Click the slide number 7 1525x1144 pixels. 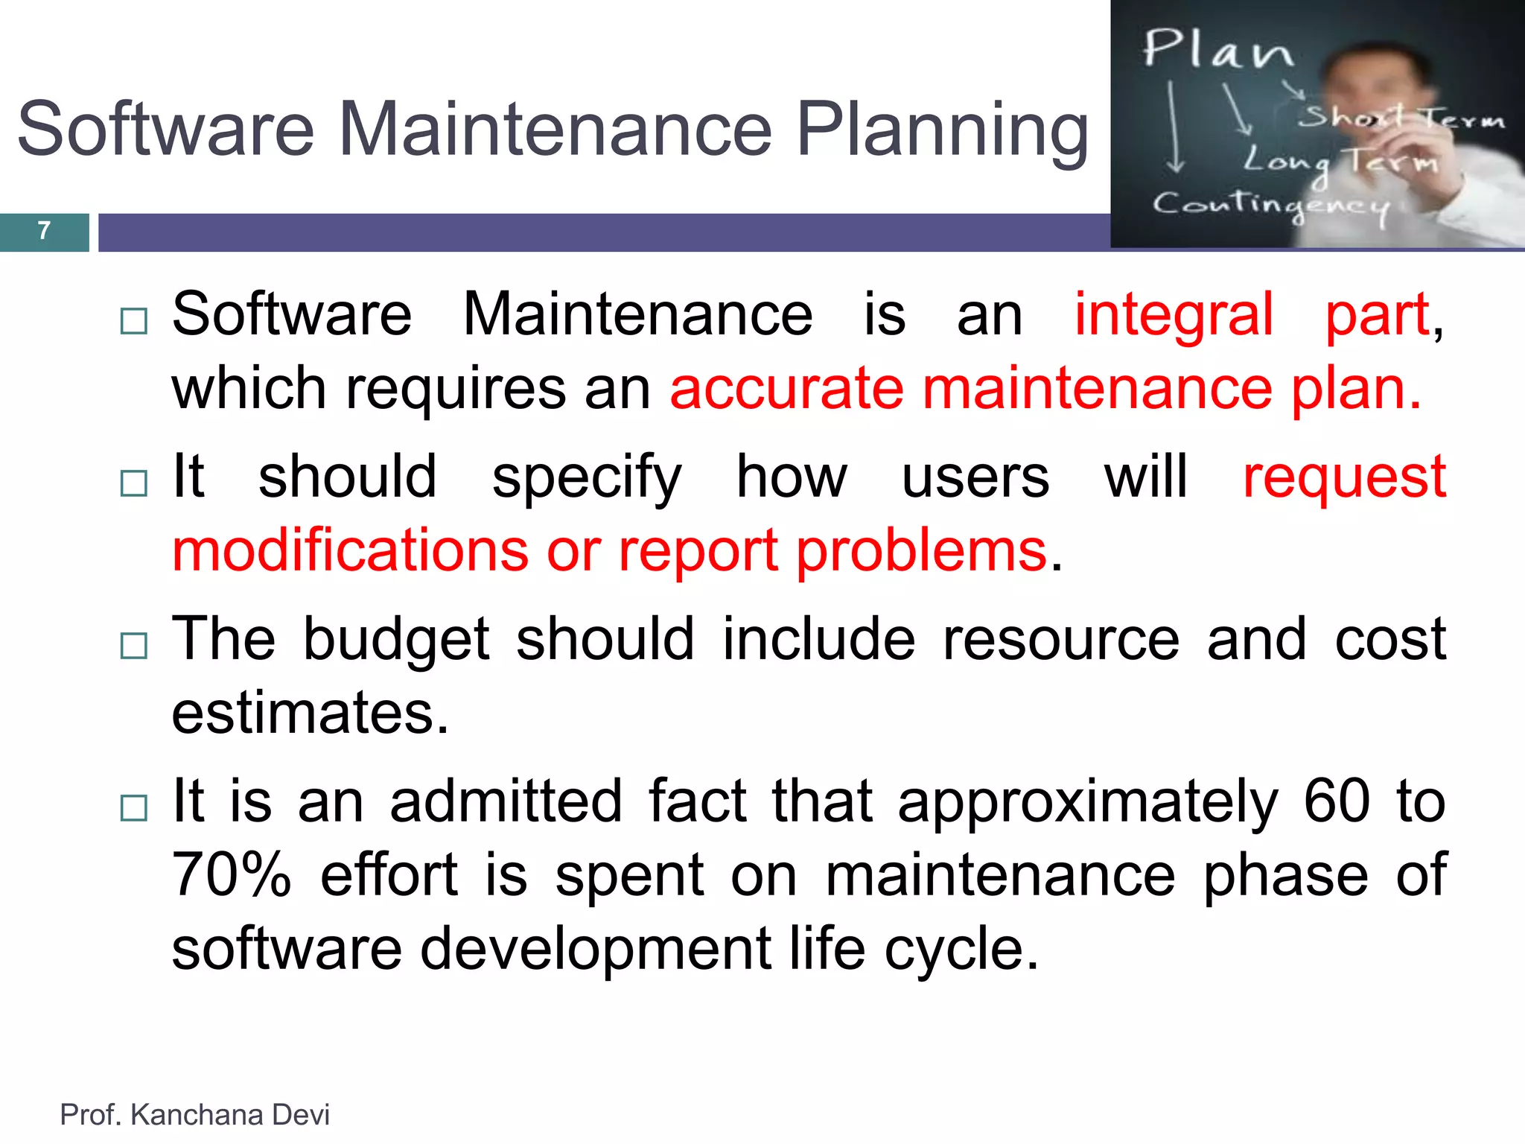coord(44,231)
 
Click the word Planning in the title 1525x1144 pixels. coord(942,130)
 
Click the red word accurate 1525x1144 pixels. coord(786,389)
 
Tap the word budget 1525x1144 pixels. coord(396,639)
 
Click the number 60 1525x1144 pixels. coord(1337,801)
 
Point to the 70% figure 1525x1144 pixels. coord(231,876)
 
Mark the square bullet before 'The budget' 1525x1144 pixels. coord(134,646)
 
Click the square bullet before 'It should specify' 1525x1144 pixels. coord(134,483)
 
